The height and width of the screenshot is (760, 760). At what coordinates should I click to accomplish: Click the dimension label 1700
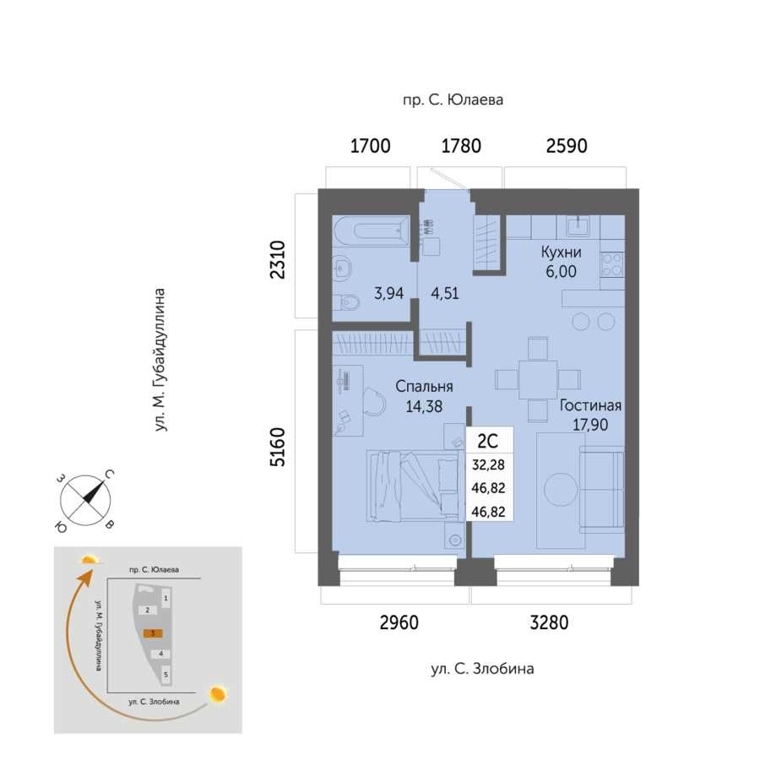click(371, 146)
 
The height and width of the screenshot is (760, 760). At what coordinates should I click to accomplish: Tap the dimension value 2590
click(567, 146)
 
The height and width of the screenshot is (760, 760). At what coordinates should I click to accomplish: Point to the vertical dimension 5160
click(277, 447)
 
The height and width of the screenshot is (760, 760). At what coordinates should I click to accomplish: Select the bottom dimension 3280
click(549, 622)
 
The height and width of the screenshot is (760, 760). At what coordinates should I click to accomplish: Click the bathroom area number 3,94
click(388, 293)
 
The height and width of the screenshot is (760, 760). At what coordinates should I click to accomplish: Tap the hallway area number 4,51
click(444, 293)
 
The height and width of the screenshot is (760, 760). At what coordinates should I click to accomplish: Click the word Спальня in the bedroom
click(424, 386)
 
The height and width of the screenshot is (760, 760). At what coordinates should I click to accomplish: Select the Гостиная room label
click(590, 405)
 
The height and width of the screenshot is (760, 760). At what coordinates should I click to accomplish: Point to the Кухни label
click(561, 252)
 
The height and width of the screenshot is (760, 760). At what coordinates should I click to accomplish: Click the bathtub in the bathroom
click(371, 231)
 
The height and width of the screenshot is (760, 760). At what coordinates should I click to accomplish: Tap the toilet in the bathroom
click(349, 303)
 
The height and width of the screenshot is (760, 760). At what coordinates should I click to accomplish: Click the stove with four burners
click(612, 264)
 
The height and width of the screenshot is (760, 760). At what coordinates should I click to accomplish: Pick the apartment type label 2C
click(487, 441)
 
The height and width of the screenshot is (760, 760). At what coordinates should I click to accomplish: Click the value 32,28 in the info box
click(488, 464)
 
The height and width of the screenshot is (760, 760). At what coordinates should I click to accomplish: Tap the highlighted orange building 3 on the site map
click(153, 633)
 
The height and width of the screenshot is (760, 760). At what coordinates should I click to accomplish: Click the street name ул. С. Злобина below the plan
click(482, 669)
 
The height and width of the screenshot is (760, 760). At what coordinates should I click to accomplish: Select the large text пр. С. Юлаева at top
click(453, 100)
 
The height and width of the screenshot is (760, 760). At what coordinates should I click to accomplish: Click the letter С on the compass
click(110, 475)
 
